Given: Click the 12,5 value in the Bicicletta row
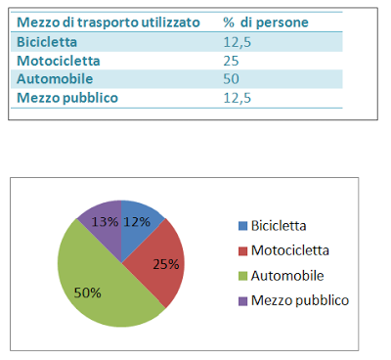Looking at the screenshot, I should point(238,41).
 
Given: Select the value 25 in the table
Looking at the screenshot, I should point(232,60).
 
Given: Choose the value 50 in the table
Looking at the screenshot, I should point(232,78).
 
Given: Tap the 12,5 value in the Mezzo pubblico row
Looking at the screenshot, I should point(238,97).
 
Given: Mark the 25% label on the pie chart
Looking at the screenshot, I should point(165,263).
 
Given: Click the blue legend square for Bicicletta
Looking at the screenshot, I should point(241,226).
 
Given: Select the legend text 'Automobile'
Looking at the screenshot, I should point(287,275).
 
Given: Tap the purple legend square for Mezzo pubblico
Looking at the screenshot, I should point(241,300).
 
